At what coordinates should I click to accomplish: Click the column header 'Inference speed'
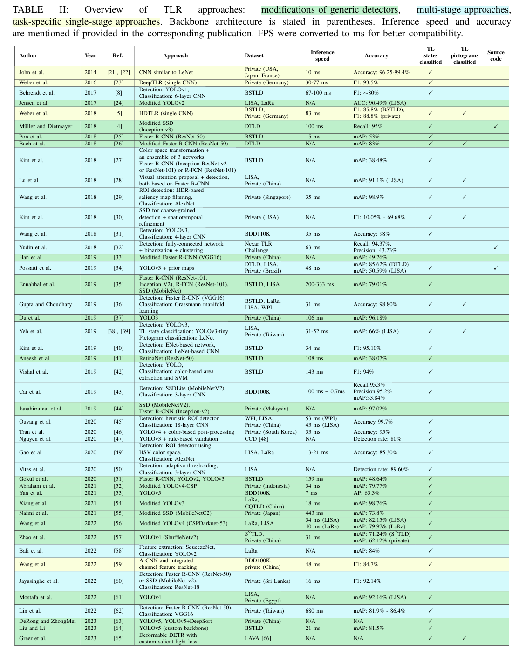click(x=322, y=55)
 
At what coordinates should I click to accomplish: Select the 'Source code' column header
click(x=495, y=55)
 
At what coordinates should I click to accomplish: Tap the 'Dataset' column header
click(x=254, y=55)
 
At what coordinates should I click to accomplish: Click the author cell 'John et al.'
click(x=32, y=72)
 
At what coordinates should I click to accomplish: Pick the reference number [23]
click(x=118, y=82)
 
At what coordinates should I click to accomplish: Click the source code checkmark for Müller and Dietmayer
click(x=495, y=126)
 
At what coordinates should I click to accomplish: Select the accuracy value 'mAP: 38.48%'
click(x=369, y=160)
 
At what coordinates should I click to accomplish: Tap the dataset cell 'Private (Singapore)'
click(x=267, y=197)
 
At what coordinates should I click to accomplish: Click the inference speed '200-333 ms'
click(x=320, y=284)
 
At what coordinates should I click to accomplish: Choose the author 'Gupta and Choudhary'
click(x=46, y=304)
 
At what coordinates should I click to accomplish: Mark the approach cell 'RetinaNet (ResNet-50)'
click(x=166, y=358)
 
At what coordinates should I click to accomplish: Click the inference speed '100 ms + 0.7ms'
click(x=325, y=392)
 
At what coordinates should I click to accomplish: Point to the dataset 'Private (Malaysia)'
click(x=266, y=409)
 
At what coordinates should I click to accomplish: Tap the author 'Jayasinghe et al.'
click(x=39, y=581)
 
